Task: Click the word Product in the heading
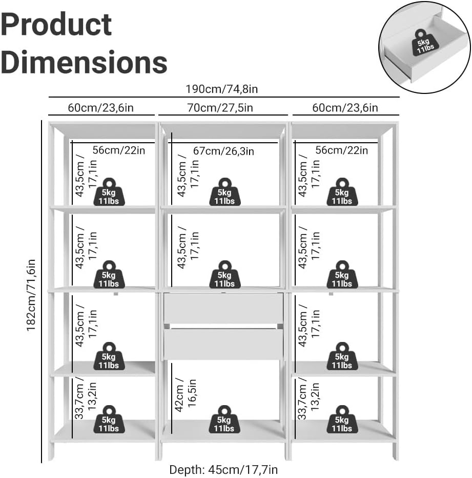point(56,25)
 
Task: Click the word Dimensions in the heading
point(84,62)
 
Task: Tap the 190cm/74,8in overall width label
point(222,89)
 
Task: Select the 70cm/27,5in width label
point(220,108)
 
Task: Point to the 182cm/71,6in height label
point(31,295)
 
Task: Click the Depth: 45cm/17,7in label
point(223,469)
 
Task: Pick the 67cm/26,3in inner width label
point(223,151)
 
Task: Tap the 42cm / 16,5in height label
point(186,395)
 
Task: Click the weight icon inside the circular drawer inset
point(425,43)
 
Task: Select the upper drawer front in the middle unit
point(223,308)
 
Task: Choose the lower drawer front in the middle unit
point(223,344)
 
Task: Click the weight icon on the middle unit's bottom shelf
point(224,419)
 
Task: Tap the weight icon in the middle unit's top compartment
point(225,192)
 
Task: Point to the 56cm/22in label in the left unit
point(119,150)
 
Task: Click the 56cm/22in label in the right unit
point(341,150)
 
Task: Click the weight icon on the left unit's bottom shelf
point(109,419)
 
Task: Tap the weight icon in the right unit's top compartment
point(342,192)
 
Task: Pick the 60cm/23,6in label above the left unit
point(100,108)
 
